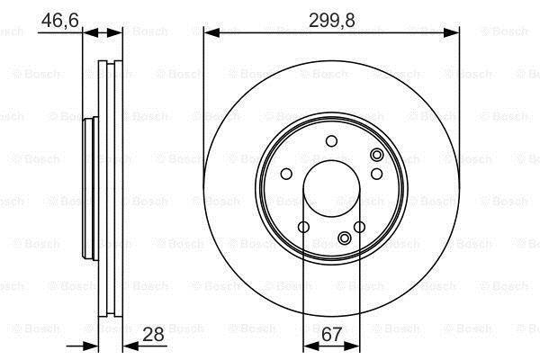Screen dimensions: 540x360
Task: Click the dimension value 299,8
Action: pyautogui.click(x=331, y=21)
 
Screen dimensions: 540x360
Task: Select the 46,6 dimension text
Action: pyautogui.click(x=60, y=21)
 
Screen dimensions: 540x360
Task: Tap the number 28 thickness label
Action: pyautogui.click(x=153, y=334)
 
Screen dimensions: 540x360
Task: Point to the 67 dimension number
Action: pyautogui.click(x=331, y=334)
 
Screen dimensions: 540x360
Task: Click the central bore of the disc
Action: pyautogui.click(x=331, y=189)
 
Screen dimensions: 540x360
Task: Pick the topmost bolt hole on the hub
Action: pyautogui.click(x=331, y=141)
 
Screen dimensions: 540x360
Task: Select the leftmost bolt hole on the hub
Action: pyautogui.click(x=286, y=174)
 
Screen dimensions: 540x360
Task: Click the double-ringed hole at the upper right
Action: pyautogui.click(x=377, y=155)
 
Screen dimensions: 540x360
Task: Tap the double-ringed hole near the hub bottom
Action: pyautogui.click(x=345, y=238)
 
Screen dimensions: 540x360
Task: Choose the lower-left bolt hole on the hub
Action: pyautogui.click(x=303, y=227)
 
